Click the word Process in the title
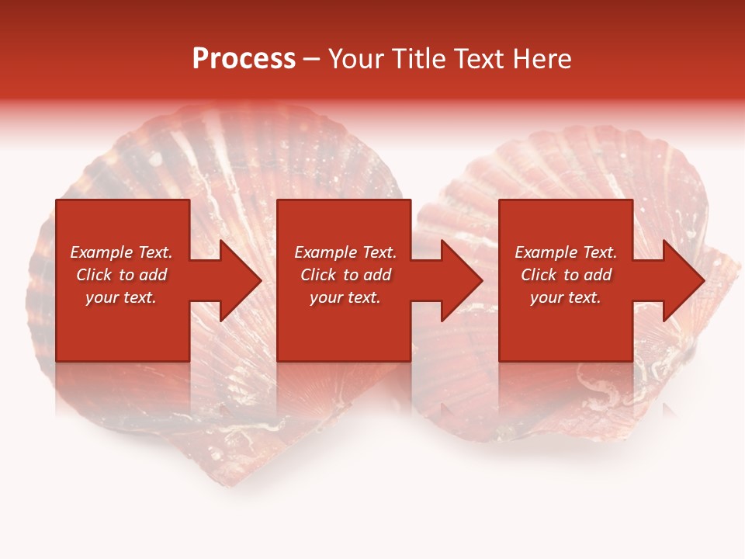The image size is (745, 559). point(244,59)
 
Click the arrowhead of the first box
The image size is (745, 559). point(237,280)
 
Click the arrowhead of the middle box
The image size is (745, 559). point(458,280)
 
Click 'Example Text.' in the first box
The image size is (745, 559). point(121,252)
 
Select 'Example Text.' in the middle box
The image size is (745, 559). point(345,252)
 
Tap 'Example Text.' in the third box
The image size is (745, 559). point(566,252)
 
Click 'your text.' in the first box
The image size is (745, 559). point(121,297)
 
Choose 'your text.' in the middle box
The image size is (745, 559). point(345,297)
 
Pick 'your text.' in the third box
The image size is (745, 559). point(566,297)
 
